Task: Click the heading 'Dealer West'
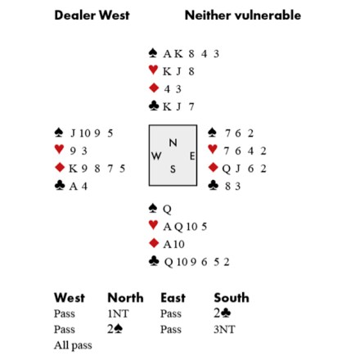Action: click(92, 15)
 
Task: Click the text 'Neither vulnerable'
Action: click(243, 15)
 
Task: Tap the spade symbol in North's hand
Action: click(153, 53)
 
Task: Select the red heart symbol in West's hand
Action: click(59, 149)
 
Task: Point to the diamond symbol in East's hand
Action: click(213, 167)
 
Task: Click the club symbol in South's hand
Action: click(154, 261)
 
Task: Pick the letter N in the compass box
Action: click(173, 142)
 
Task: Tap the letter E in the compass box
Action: click(192, 156)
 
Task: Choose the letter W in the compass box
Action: click(156, 156)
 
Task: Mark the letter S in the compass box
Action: click(173, 169)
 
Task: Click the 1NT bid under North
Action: click(118, 313)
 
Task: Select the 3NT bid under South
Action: click(224, 330)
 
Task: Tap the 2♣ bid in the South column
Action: click(223, 313)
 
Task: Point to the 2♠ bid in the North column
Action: click(115, 329)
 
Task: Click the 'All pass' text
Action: click(73, 345)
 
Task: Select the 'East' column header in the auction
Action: click(173, 298)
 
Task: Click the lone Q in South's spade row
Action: click(167, 209)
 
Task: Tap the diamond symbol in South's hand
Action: click(154, 243)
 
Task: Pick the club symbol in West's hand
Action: click(60, 185)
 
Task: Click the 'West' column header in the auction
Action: click(70, 298)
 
